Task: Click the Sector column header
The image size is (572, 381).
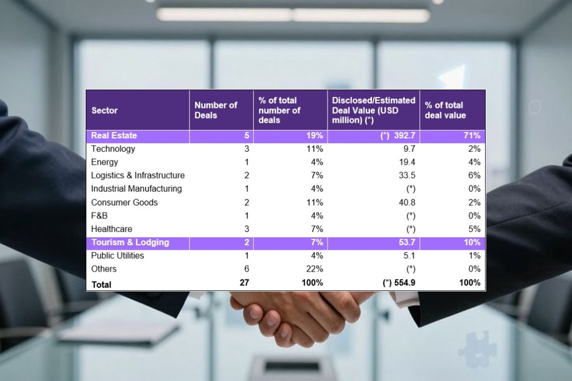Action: click(104, 110)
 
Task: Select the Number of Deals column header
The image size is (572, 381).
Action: click(215, 110)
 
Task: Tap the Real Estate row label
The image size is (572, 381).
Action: click(114, 136)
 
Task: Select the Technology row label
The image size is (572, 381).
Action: click(113, 149)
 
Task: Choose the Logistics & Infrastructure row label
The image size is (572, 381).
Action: click(138, 176)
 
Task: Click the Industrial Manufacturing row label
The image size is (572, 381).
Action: click(136, 189)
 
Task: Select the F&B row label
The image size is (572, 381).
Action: click(99, 216)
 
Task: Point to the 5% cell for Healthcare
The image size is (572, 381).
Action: click(474, 229)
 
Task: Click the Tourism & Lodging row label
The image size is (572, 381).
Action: click(130, 242)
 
